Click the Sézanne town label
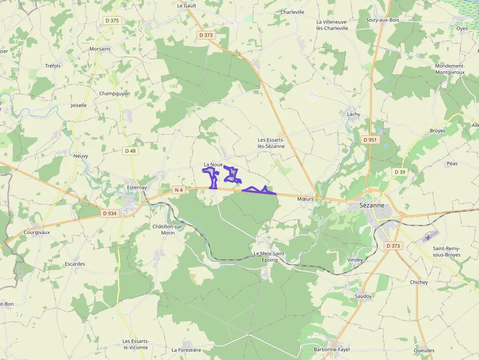coord(371,206)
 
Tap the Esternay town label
coord(136,188)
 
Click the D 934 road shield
coord(110,213)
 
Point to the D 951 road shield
coord(370,140)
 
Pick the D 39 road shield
coord(400,172)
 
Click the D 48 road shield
coord(130,151)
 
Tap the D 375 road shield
coord(112,21)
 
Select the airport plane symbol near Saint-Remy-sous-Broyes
coord(429,237)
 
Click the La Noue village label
coord(213,165)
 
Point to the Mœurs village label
coord(305,199)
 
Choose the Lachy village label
coord(353,114)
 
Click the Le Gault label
coord(186,6)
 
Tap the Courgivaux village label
coord(37,233)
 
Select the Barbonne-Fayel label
coord(331,349)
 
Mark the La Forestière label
coord(186,350)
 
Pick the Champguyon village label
coord(114,93)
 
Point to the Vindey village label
coord(355,260)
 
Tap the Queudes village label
coord(424,350)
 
